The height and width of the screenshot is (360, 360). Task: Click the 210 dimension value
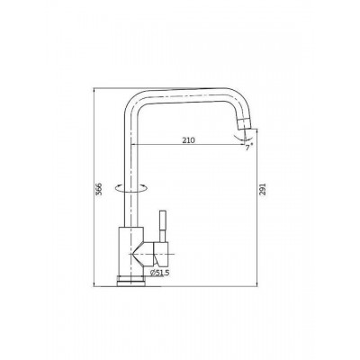189,140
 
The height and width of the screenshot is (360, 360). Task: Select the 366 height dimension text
99,188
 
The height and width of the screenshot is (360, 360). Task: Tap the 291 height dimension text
263,189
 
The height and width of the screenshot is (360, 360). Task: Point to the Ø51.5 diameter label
159,273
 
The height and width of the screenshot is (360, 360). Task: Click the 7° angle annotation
248,148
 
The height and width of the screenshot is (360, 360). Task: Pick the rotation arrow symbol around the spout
131,188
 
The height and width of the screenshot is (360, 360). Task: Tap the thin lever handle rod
162,226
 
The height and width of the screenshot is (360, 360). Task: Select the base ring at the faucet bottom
130,281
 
